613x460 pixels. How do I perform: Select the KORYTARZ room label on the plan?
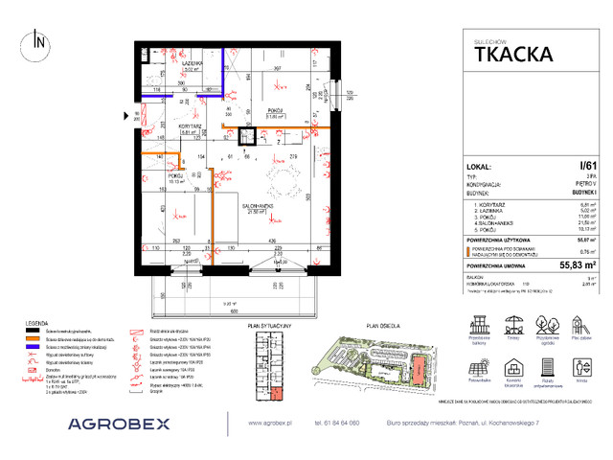click(190, 126)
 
